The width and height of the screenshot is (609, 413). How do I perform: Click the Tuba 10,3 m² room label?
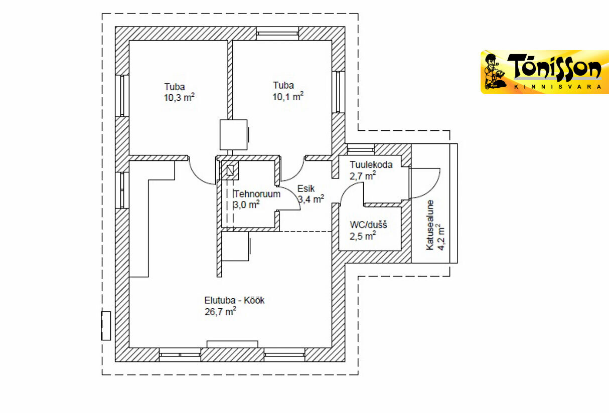point(179,92)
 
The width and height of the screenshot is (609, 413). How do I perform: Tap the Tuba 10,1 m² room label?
point(288,91)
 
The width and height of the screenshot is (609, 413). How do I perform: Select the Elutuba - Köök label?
point(234,300)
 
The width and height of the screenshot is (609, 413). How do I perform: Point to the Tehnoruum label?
point(257,194)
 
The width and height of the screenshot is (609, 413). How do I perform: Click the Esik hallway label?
point(306,188)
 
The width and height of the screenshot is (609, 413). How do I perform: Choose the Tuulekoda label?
point(371,165)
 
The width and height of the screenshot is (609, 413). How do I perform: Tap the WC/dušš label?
point(368,225)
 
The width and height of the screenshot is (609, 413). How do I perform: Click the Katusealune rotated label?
point(430,225)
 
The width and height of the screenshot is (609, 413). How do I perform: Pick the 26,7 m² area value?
point(220,312)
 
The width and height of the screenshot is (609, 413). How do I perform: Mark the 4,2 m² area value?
point(440,237)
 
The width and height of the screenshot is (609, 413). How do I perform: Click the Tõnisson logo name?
point(554,68)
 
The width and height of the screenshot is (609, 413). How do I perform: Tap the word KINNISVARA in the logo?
point(558,87)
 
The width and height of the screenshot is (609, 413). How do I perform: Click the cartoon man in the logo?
point(496,72)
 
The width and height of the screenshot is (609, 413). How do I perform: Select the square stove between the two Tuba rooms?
point(234,135)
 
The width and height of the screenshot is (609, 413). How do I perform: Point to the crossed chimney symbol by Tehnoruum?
point(230,170)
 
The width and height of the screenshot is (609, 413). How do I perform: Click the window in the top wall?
point(277,34)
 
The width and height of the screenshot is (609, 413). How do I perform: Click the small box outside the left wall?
point(106,325)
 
